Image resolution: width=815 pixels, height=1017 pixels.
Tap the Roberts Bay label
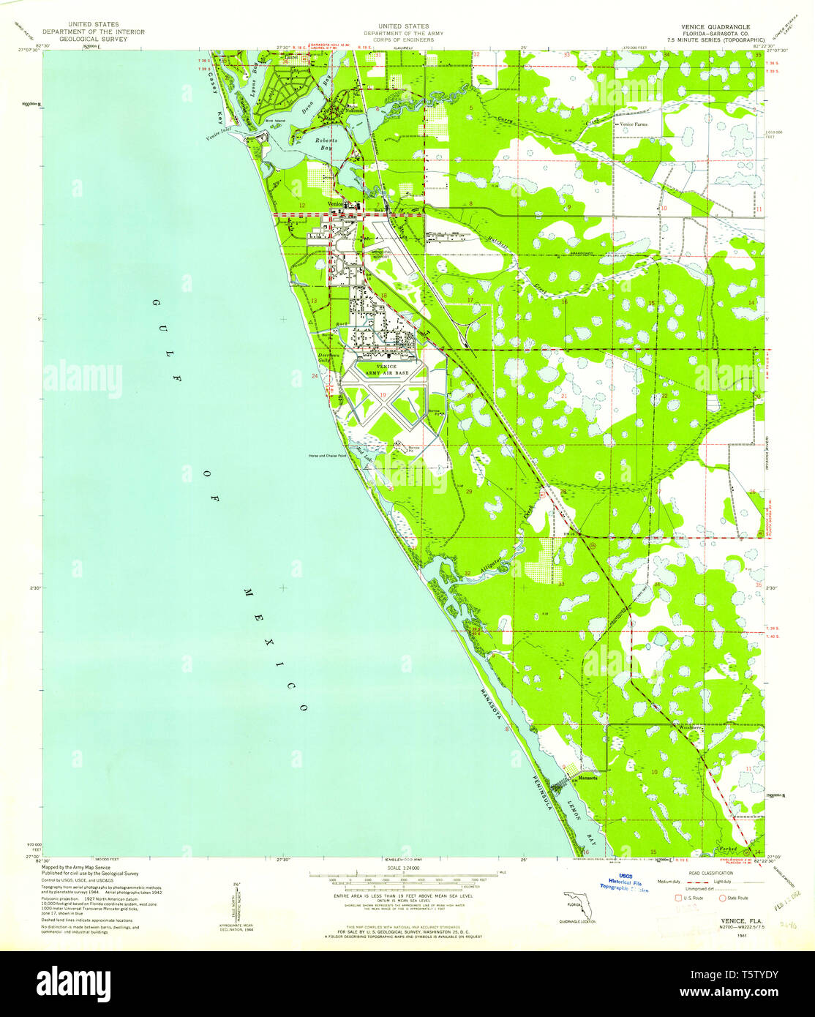click(x=326, y=143)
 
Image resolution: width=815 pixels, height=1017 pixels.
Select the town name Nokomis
click(x=353, y=110)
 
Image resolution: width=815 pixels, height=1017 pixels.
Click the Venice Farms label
click(x=632, y=124)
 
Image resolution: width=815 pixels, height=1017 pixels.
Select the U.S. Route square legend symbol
click(x=677, y=897)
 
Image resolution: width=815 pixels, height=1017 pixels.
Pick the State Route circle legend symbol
click(x=724, y=897)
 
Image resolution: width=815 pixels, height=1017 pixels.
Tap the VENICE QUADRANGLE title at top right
click(x=702, y=26)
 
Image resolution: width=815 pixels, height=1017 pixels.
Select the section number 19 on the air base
click(x=383, y=395)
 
